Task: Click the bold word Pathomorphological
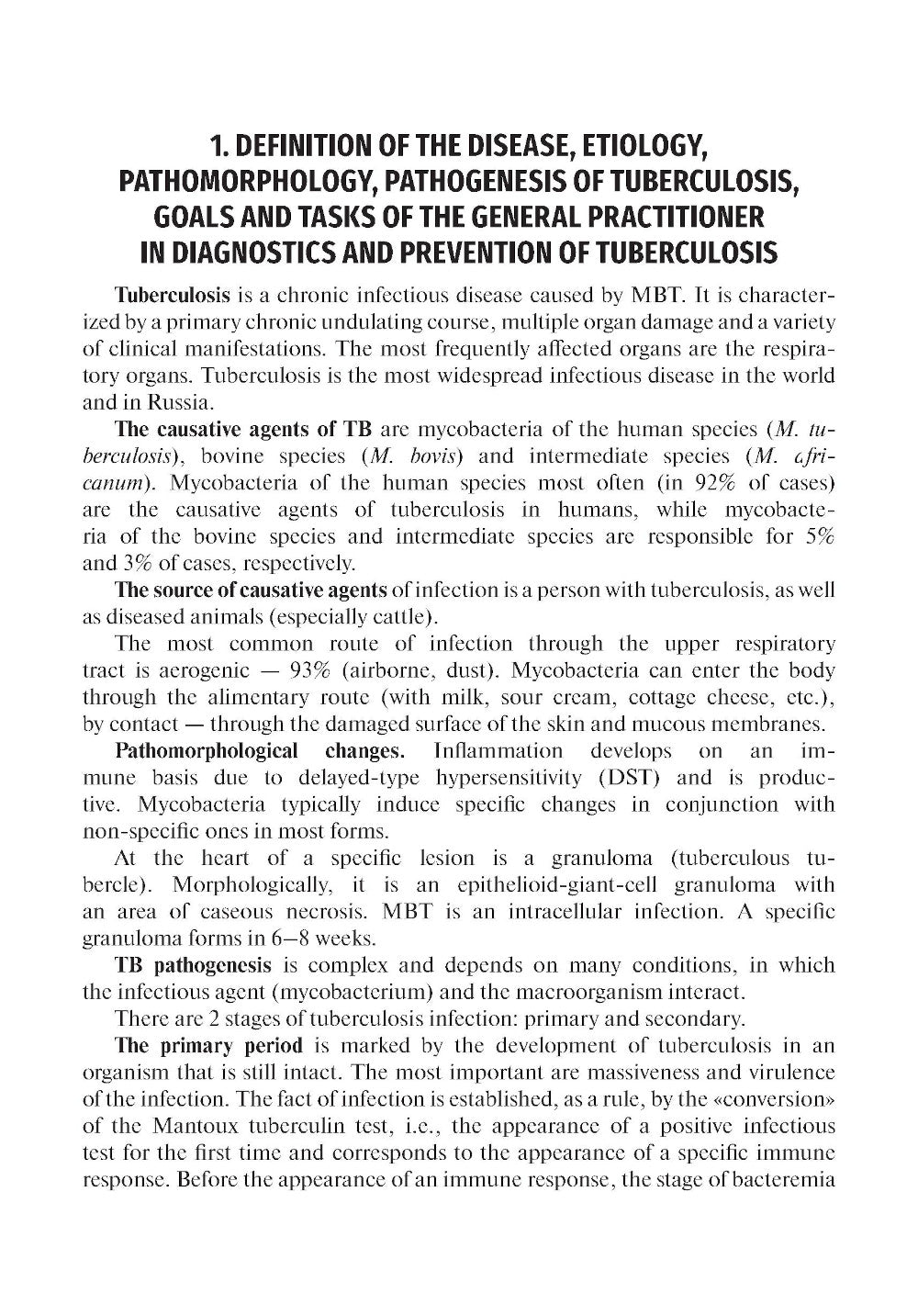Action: pos(207,751)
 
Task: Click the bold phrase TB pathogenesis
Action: pos(193,965)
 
